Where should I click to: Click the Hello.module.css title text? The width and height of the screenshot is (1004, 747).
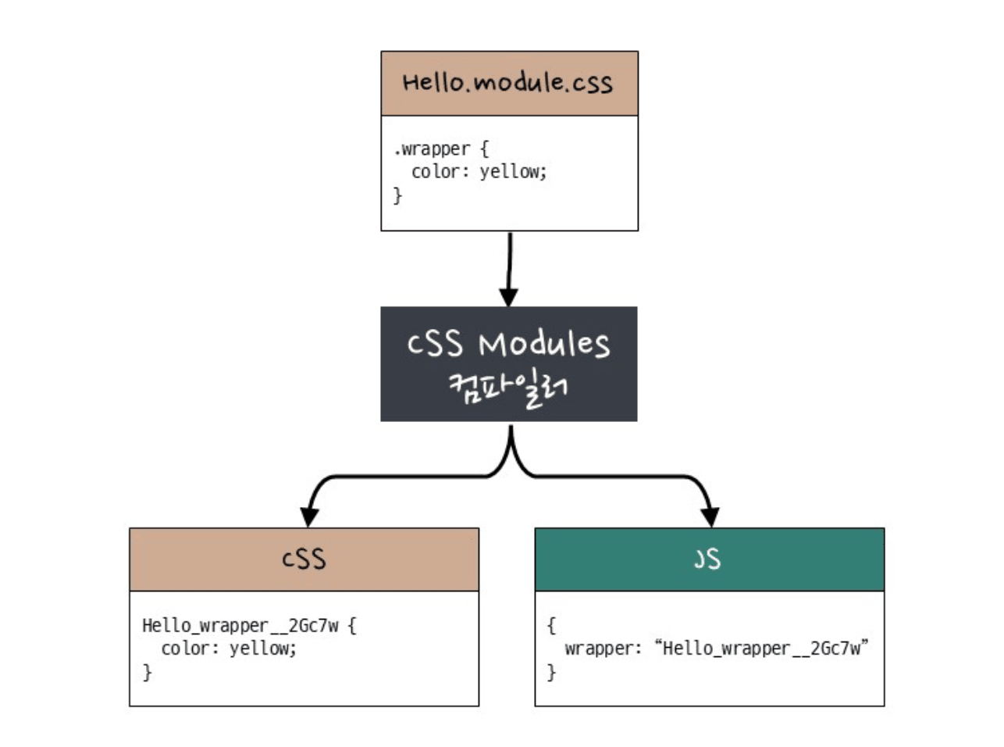click(x=507, y=83)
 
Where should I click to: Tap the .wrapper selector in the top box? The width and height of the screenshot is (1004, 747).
click(x=432, y=148)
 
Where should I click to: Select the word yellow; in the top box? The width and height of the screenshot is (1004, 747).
click(x=513, y=171)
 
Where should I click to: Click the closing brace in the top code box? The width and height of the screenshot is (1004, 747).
click(x=397, y=195)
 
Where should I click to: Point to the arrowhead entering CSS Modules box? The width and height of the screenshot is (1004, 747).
click(x=508, y=297)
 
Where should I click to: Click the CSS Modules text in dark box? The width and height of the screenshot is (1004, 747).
click(x=508, y=344)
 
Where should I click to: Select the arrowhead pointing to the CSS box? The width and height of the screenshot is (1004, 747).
click(x=309, y=516)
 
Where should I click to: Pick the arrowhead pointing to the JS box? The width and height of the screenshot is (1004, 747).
click(x=710, y=516)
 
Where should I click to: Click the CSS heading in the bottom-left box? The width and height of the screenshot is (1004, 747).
click(x=304, y=559)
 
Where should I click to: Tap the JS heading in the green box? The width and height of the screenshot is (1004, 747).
click(x=708, y=559)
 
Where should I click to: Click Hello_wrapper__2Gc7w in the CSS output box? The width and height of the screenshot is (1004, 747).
click(x=240, y=625)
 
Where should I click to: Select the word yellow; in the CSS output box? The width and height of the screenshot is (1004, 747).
click(x=263, y=648)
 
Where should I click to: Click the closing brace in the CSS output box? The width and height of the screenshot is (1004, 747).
click(x=147, y=671)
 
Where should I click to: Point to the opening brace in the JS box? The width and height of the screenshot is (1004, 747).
click(x=551, y=625)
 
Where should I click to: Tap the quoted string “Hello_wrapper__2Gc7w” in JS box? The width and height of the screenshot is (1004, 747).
click(x=761, y=648)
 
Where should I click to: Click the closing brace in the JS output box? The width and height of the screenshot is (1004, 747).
click(x=551, y=671)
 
